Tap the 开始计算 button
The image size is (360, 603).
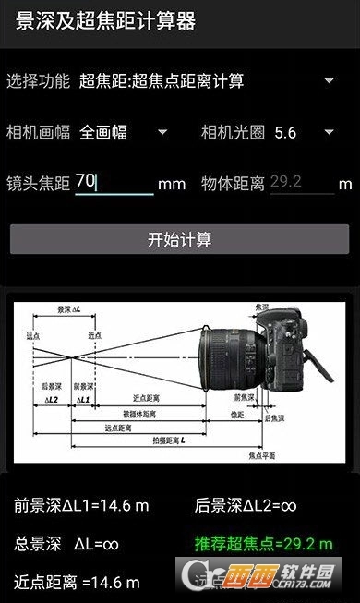[179, 239]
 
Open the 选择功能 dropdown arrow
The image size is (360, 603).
[329, 80]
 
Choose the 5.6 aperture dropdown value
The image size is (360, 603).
[285, 132]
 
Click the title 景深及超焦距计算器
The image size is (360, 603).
[105, 21]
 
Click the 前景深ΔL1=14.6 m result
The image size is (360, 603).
[81, 505]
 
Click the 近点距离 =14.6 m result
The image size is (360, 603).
[77, 582]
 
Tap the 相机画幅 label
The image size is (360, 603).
[38, 132]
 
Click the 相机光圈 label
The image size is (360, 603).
[233, 132]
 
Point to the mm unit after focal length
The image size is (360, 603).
[172, 184]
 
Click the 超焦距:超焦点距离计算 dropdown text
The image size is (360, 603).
[162, 80]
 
